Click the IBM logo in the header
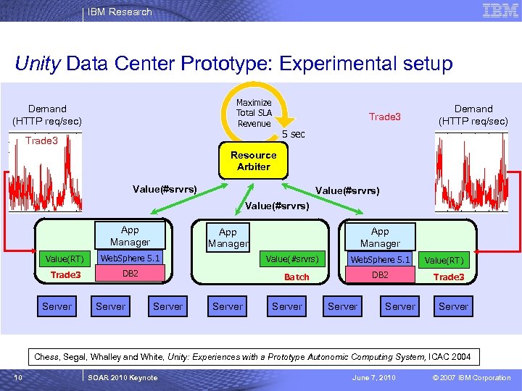pos(500,11)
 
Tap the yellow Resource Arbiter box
pos(253,161)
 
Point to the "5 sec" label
pos(293,135)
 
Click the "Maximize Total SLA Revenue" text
pos(254,113)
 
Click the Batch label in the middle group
pos(297,277)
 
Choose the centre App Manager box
pos(228,237)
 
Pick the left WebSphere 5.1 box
pos(130,258)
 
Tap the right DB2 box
pos(380,275)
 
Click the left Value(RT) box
pos(65,259)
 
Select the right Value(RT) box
pos(444,260)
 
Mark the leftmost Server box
pos(57,306)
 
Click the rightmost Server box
pos(454,306)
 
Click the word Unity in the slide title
pos(37,64)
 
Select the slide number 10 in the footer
pos(17,377)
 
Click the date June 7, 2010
pos(374,377)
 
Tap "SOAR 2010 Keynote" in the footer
pos(122,377)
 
